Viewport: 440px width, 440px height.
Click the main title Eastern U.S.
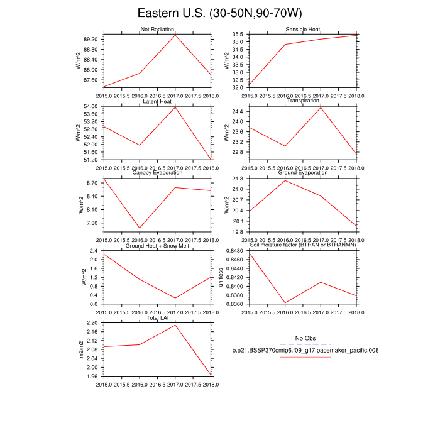click(x=219, y=13)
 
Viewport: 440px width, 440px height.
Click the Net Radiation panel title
click(x=157, y=30)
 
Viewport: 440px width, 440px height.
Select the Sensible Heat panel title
click(x=303, y=30)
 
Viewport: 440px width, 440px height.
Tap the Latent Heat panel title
click(x=157, y=101)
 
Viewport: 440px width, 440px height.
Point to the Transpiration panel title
click(x=303, y=101)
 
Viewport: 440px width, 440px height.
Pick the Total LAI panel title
click(x=157, y=318)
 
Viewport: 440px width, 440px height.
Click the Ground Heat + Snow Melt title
click(x=157, y=246)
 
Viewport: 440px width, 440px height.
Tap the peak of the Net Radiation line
click(x=175, y=35)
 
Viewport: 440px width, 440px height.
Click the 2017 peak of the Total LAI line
click(x=175, y=324)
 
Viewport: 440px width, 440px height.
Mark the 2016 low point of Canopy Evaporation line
click(x=140, y=228)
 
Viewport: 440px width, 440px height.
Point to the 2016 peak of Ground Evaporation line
click(x=285, y=180)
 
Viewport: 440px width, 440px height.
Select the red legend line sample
click(x=305, y=357)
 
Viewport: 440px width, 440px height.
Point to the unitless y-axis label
click(x=221, y=277)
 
